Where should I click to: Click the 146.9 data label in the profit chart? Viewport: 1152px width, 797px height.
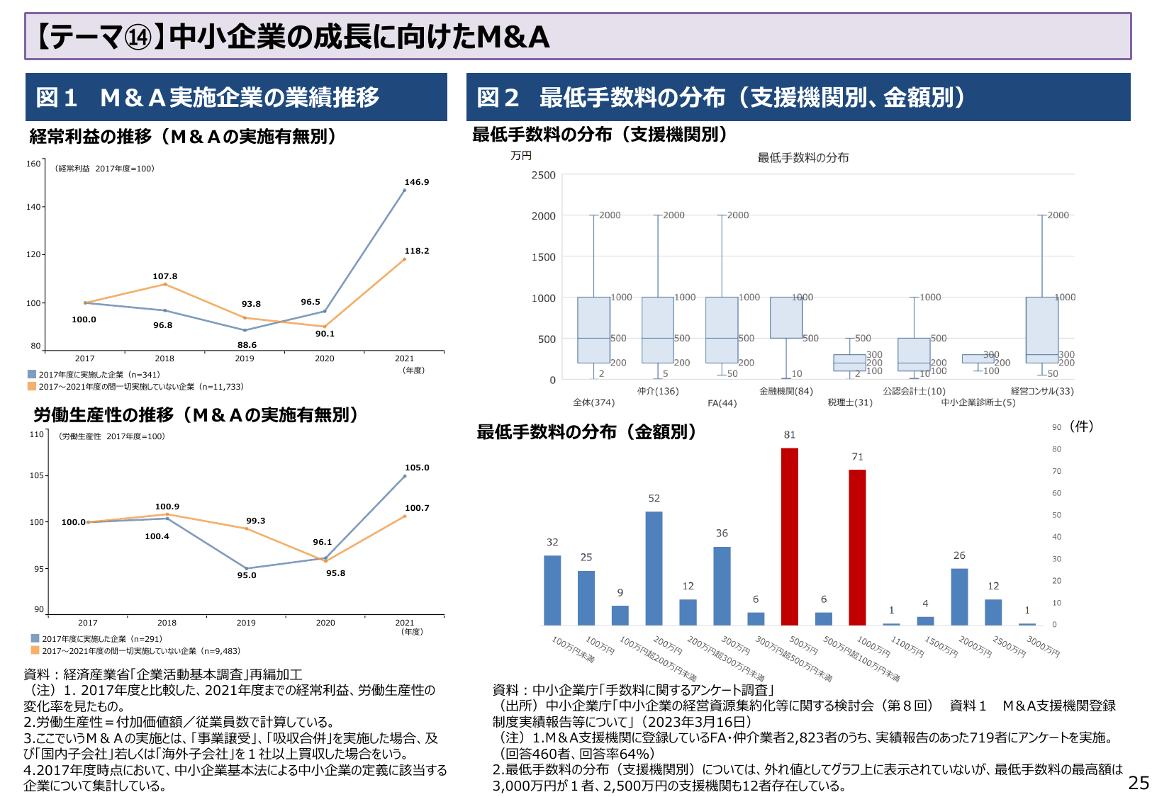point(417,182)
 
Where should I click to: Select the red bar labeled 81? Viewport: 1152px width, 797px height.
point(789,536)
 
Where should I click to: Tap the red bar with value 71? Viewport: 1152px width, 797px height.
point(857,547)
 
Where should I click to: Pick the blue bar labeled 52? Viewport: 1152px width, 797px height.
point(654,568)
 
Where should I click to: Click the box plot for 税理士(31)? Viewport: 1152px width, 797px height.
point(849,363)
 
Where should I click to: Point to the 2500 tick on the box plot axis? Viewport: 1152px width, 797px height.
point(544,175)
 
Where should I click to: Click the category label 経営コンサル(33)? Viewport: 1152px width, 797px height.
point(1042,391)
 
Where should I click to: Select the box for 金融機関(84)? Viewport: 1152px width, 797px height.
point(786,317)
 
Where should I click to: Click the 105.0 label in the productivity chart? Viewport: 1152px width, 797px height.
point(417,468)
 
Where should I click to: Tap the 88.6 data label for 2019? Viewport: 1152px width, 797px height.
point(247,345)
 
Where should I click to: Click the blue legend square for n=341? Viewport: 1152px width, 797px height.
point(32,374)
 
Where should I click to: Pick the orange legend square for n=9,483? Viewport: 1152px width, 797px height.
point(35,650)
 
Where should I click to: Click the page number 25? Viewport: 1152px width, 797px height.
point(1139,783)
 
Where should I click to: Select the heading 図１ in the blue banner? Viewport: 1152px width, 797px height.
point(57,98)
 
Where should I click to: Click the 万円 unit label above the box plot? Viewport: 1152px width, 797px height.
point(521,156)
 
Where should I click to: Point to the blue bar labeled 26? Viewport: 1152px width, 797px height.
point(959,597)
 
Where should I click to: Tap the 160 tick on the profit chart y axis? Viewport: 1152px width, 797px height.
point(33,164)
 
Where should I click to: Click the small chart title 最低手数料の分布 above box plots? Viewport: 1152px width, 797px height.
point(803,158)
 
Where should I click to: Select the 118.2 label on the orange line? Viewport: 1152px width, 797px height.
point(417,251)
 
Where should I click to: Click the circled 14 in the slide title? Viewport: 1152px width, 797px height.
point(138,38)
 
